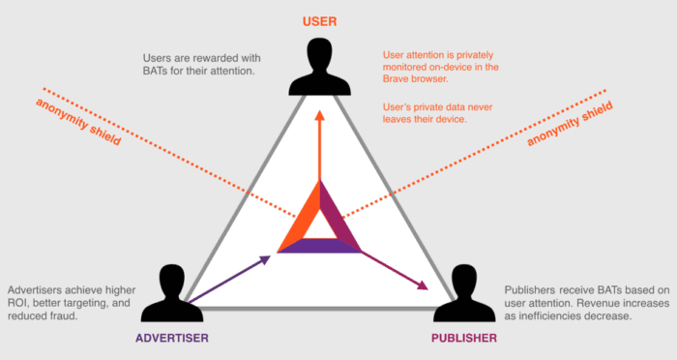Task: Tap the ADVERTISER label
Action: click(173, 338)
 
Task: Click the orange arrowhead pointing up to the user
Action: click(319, 114)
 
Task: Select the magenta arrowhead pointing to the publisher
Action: click(422, 285)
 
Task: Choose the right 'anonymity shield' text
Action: click(571, 127)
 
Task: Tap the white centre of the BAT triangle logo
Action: click(320, 225)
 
